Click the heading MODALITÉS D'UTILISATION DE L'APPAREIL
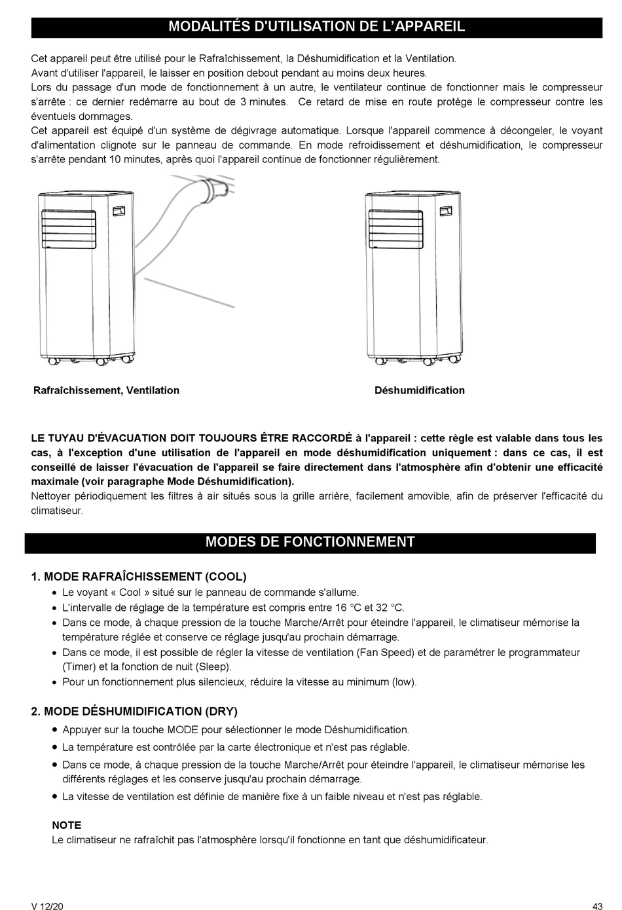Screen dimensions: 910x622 (x=316, y=27)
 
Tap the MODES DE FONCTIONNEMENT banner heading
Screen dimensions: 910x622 (x=310, y=542)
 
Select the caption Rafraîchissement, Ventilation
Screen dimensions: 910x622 (x=106, y=391)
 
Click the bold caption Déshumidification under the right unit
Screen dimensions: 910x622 (x=419, y=391)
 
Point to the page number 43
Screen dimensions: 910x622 (x=596, y=906)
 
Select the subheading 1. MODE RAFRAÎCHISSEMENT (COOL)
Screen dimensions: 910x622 (x=139, y=577)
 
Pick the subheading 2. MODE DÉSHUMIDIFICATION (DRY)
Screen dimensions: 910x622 (x=134, y=712)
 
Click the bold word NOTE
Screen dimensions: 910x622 (x=67, y=826)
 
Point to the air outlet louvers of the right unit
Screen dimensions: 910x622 (x=395, y=227)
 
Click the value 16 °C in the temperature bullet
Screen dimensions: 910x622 (x=346, y=608)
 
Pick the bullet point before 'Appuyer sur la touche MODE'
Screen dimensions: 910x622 (x=55, y=730)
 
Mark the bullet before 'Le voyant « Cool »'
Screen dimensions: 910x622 (x=55, y=592)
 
